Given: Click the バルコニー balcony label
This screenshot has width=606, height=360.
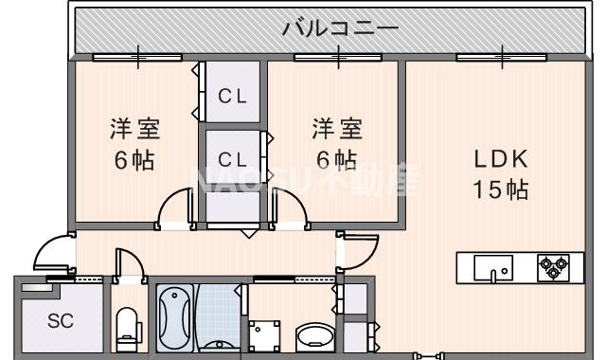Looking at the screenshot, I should (x=339, y=27).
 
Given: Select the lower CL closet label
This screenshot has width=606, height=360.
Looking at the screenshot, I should (x=233, y=158).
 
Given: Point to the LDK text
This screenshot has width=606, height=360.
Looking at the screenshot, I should (x=501, y=159).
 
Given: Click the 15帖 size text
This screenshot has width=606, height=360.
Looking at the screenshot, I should (x=501, y=189).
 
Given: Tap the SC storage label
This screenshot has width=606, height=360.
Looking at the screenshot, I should (x=59, y=320).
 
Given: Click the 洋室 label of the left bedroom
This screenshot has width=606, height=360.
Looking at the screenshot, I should (x=133, y=128).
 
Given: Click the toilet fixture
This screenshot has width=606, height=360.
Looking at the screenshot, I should (x=126, y=327).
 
